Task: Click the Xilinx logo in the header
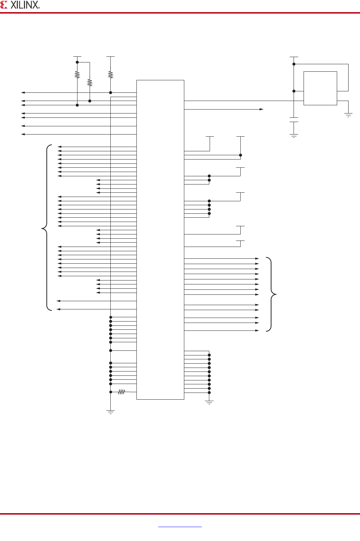(20, 5)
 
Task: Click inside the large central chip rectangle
(160, 239)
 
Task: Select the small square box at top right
(320, 88)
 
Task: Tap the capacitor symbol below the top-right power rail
(294, 120)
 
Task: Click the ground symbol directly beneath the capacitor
(294, 136)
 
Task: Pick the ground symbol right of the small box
(348, 115)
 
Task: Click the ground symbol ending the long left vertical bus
(111, 412)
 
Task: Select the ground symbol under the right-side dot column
(209, 403)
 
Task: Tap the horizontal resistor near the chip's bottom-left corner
(122, 392)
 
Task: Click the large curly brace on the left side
(46, 227)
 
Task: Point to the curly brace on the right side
(272, 294)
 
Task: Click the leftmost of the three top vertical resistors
(77, 75)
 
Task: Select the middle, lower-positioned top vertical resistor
(90, 83)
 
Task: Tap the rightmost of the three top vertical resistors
(111, 75)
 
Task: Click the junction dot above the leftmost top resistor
(77, 62)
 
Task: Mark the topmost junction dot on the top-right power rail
(294, 64)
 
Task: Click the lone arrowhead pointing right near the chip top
(262, 109)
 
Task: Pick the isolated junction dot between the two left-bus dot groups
(111, 350)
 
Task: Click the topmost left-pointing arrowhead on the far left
(23, 92)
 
